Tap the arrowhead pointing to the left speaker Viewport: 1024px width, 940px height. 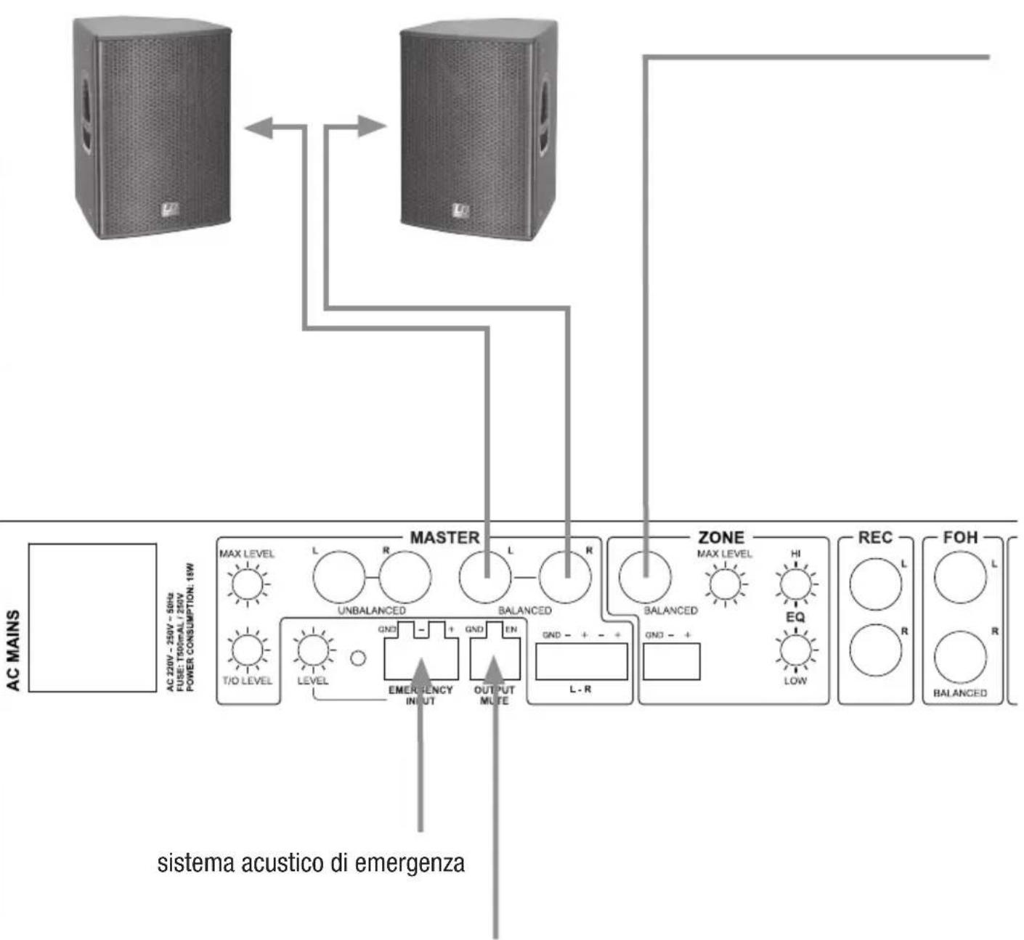(x=259, y=128)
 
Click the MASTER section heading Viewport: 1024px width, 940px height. (x=444, y=538)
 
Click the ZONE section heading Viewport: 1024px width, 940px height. (x=720, y=538)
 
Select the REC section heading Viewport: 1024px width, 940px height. (x=874, y=538)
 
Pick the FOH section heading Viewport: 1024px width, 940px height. (x=960, y=538)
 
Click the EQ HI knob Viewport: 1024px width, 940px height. (x=795, y=583)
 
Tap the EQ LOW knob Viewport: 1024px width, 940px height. (x=795, y=650)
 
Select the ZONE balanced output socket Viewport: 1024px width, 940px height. (x=645, y=578)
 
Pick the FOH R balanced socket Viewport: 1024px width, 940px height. (x=960, y=658)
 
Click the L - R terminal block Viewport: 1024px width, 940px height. (x=581, y=661)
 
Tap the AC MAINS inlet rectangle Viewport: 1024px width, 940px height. (x=92, y=618)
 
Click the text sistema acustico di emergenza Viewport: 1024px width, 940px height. (x=311, y=865)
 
